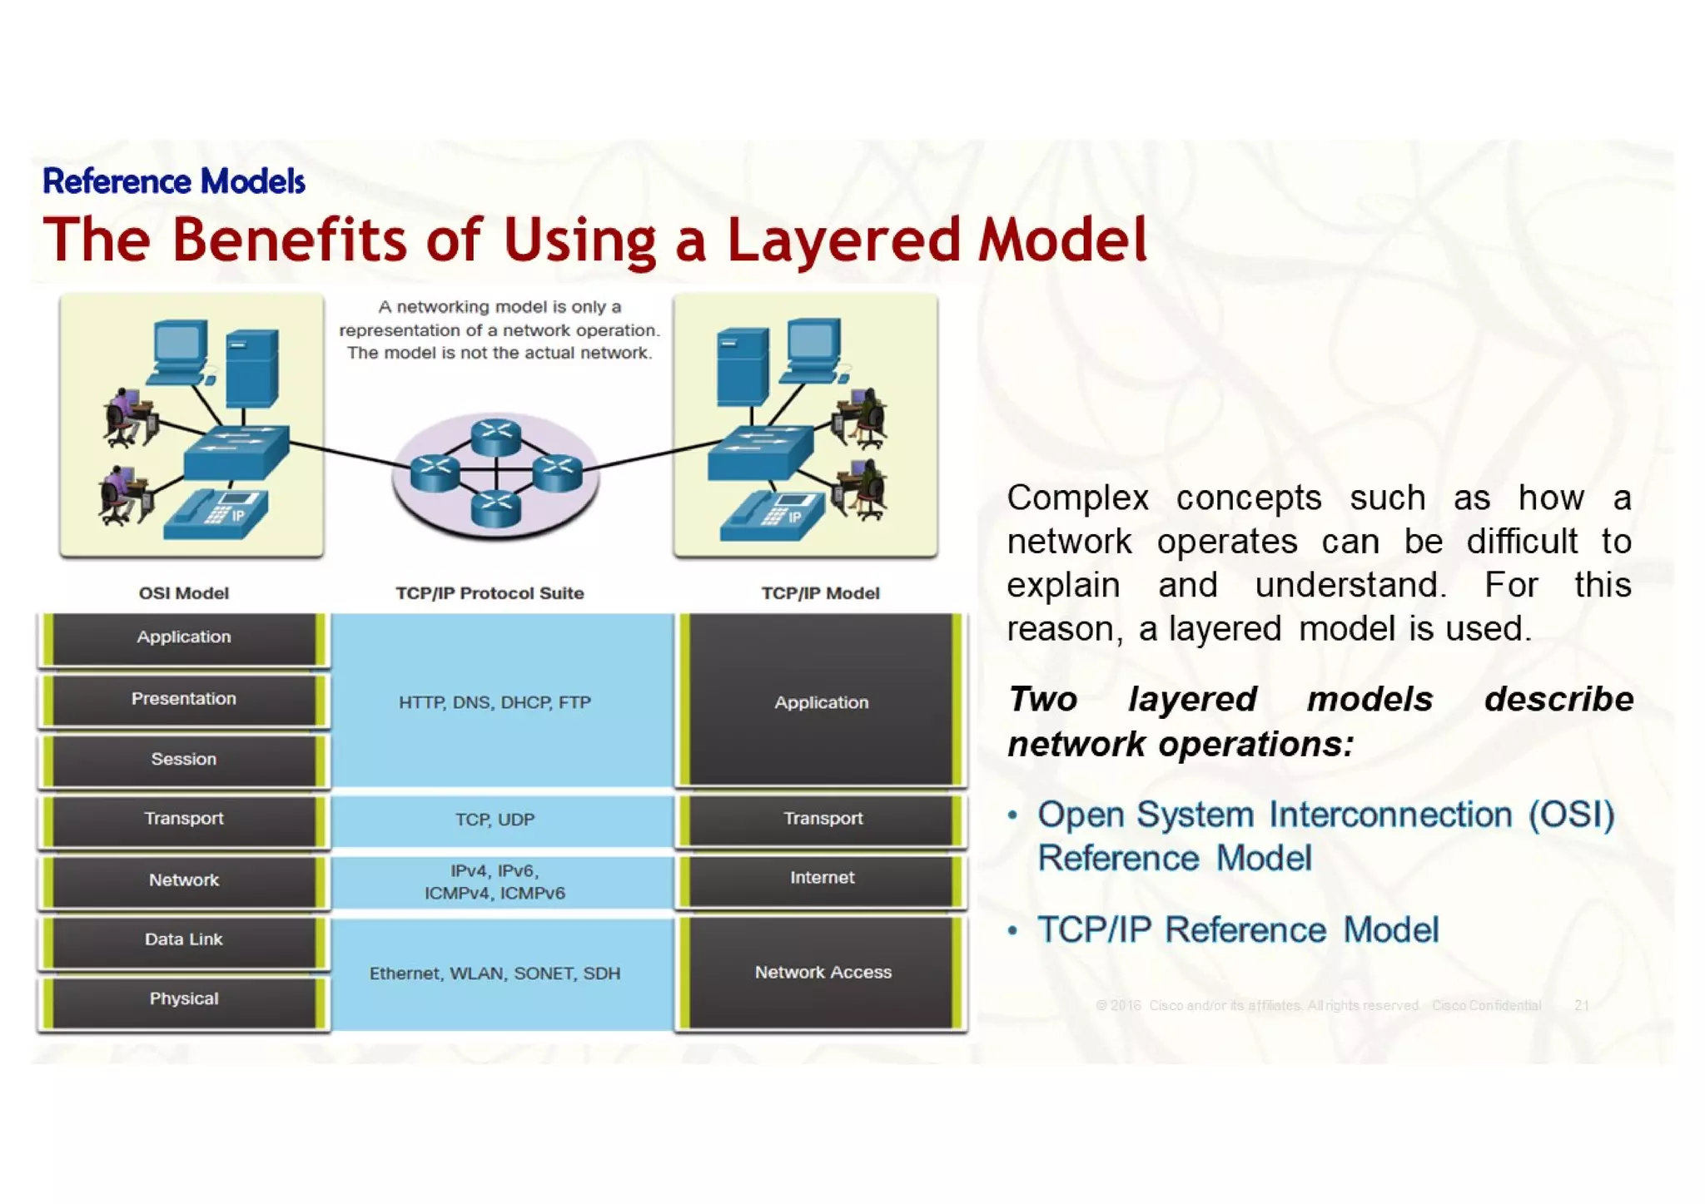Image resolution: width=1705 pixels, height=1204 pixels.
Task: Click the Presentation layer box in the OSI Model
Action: [183, 699]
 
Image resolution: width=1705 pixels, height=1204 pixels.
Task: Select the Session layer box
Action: [183, 759]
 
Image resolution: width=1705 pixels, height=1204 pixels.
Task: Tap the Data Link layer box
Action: [183, 939]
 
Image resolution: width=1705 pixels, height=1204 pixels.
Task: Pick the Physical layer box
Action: [183, 998]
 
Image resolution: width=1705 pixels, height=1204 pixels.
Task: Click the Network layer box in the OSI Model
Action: [183, 879]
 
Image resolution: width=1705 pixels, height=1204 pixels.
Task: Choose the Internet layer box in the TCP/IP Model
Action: [822, 878]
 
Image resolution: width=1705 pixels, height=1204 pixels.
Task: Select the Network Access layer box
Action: [822, 972]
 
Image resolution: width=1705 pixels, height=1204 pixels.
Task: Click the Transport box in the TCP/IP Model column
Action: [822, 818]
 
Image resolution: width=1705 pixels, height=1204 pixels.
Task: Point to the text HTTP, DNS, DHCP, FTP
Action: [495, 702]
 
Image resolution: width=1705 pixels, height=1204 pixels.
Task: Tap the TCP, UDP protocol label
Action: [495, 820]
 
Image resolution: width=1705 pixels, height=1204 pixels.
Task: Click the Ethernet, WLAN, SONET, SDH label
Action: [495, 974]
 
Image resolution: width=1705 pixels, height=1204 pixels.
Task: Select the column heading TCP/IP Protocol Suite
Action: [490, 593]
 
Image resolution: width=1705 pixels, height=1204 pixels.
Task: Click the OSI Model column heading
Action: [183, 593]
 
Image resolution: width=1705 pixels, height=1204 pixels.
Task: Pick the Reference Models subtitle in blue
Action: [173, 181]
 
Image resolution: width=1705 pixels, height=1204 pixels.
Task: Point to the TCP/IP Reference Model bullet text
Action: [1237, 930]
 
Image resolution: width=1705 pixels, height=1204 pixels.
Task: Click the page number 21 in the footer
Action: [1582, 1005]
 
